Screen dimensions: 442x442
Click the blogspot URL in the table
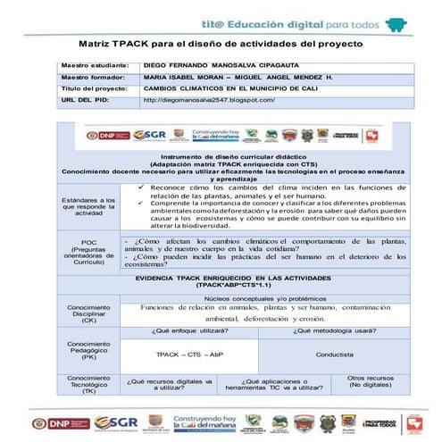[208, 101]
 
